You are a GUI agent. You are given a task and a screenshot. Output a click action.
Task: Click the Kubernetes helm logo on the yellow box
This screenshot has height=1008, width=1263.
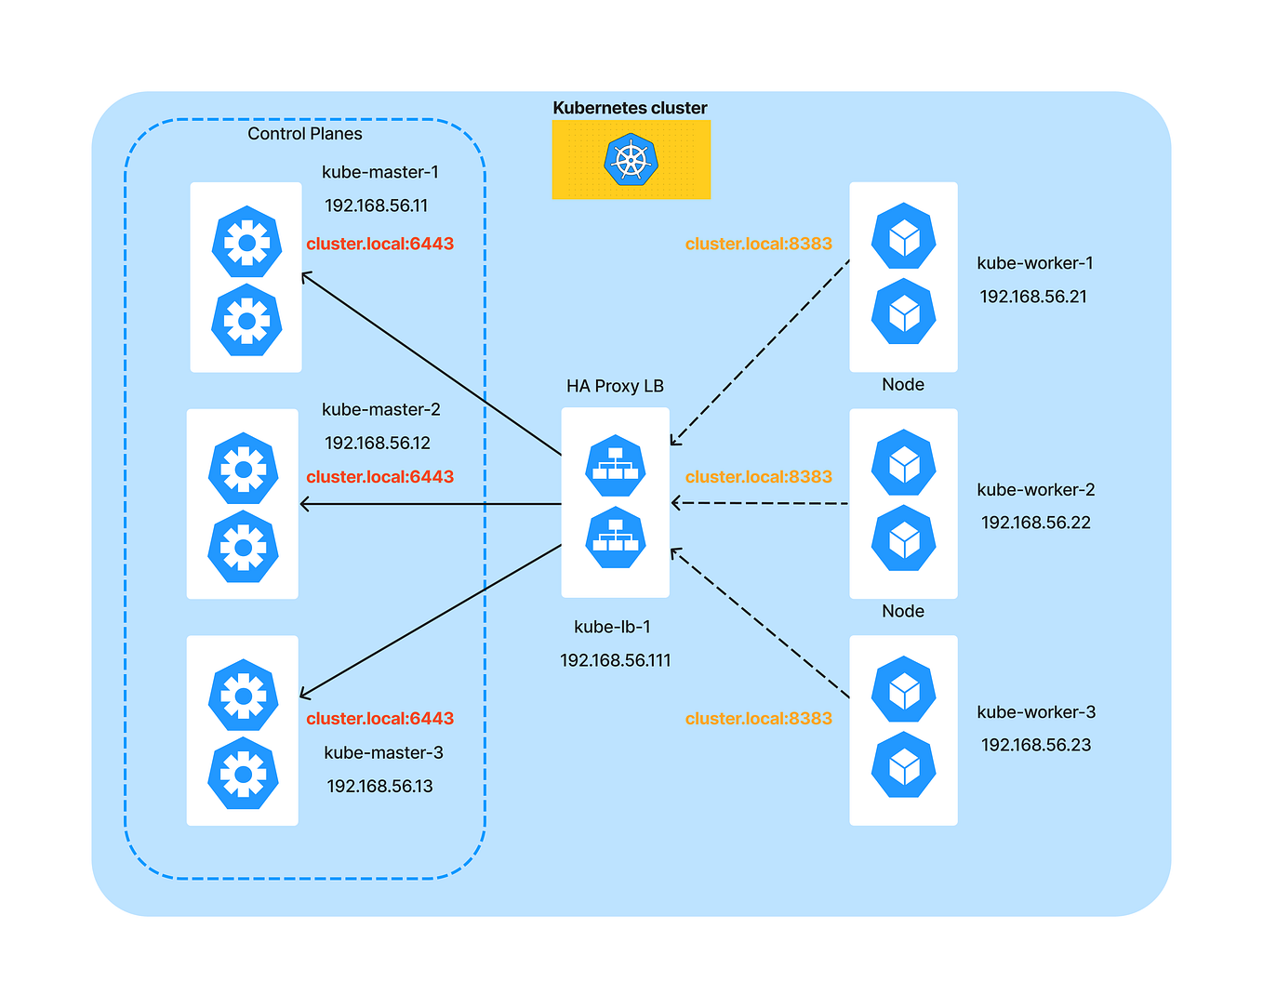click(631, 160)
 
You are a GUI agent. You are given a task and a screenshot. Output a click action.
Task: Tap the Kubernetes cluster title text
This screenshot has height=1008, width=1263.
click(630, 108)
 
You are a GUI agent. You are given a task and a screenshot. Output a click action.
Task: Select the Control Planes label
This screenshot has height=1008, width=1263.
click(304, 134)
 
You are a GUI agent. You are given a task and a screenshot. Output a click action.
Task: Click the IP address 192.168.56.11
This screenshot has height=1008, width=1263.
click(376, 206)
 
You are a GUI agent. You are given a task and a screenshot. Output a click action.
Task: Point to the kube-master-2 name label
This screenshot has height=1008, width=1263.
click(380, 409)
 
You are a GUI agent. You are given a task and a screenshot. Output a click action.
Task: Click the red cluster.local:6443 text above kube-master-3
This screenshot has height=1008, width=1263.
click(379, 718)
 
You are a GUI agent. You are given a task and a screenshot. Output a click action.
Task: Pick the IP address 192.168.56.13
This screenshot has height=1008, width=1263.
click(379, 786)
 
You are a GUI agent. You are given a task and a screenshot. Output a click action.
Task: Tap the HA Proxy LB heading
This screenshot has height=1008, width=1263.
click(615, 386)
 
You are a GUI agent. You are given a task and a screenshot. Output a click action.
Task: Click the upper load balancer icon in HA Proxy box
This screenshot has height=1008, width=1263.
click(615, 465)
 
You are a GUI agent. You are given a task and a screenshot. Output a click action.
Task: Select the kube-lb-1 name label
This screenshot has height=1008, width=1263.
click(612, 627)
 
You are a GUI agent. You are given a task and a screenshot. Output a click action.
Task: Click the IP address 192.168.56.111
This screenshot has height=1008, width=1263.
click(615, 660)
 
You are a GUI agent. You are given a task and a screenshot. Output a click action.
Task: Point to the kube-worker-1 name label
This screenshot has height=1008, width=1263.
click(1034, 263)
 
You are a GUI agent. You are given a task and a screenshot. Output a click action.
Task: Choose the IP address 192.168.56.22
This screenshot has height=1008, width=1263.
click(1035, 523)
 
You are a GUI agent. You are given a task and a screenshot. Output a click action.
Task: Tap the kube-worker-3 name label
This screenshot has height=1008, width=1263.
click(1035, 712)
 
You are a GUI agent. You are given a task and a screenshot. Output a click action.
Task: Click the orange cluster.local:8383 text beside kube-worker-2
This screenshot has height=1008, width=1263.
click(758, 476)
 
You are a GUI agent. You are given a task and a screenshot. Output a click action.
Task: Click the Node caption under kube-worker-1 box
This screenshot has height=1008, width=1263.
click(902, 385)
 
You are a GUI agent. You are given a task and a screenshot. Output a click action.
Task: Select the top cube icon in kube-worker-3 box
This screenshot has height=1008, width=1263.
click(903, 689)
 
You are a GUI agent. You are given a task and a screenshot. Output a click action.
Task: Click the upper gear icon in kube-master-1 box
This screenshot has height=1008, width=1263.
click(246, 242)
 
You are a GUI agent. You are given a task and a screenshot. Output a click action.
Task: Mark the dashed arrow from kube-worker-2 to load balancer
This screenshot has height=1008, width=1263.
click(763, 503)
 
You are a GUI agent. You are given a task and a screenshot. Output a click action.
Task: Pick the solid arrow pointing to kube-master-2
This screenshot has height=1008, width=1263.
click(428, 504)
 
